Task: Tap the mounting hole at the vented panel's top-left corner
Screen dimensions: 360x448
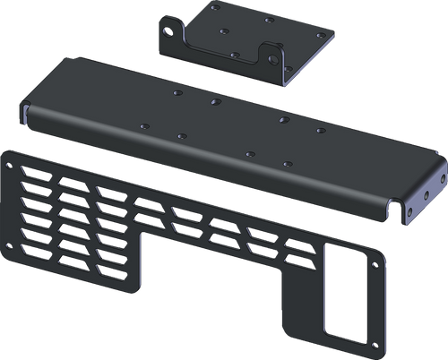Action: [x=11, y=165]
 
